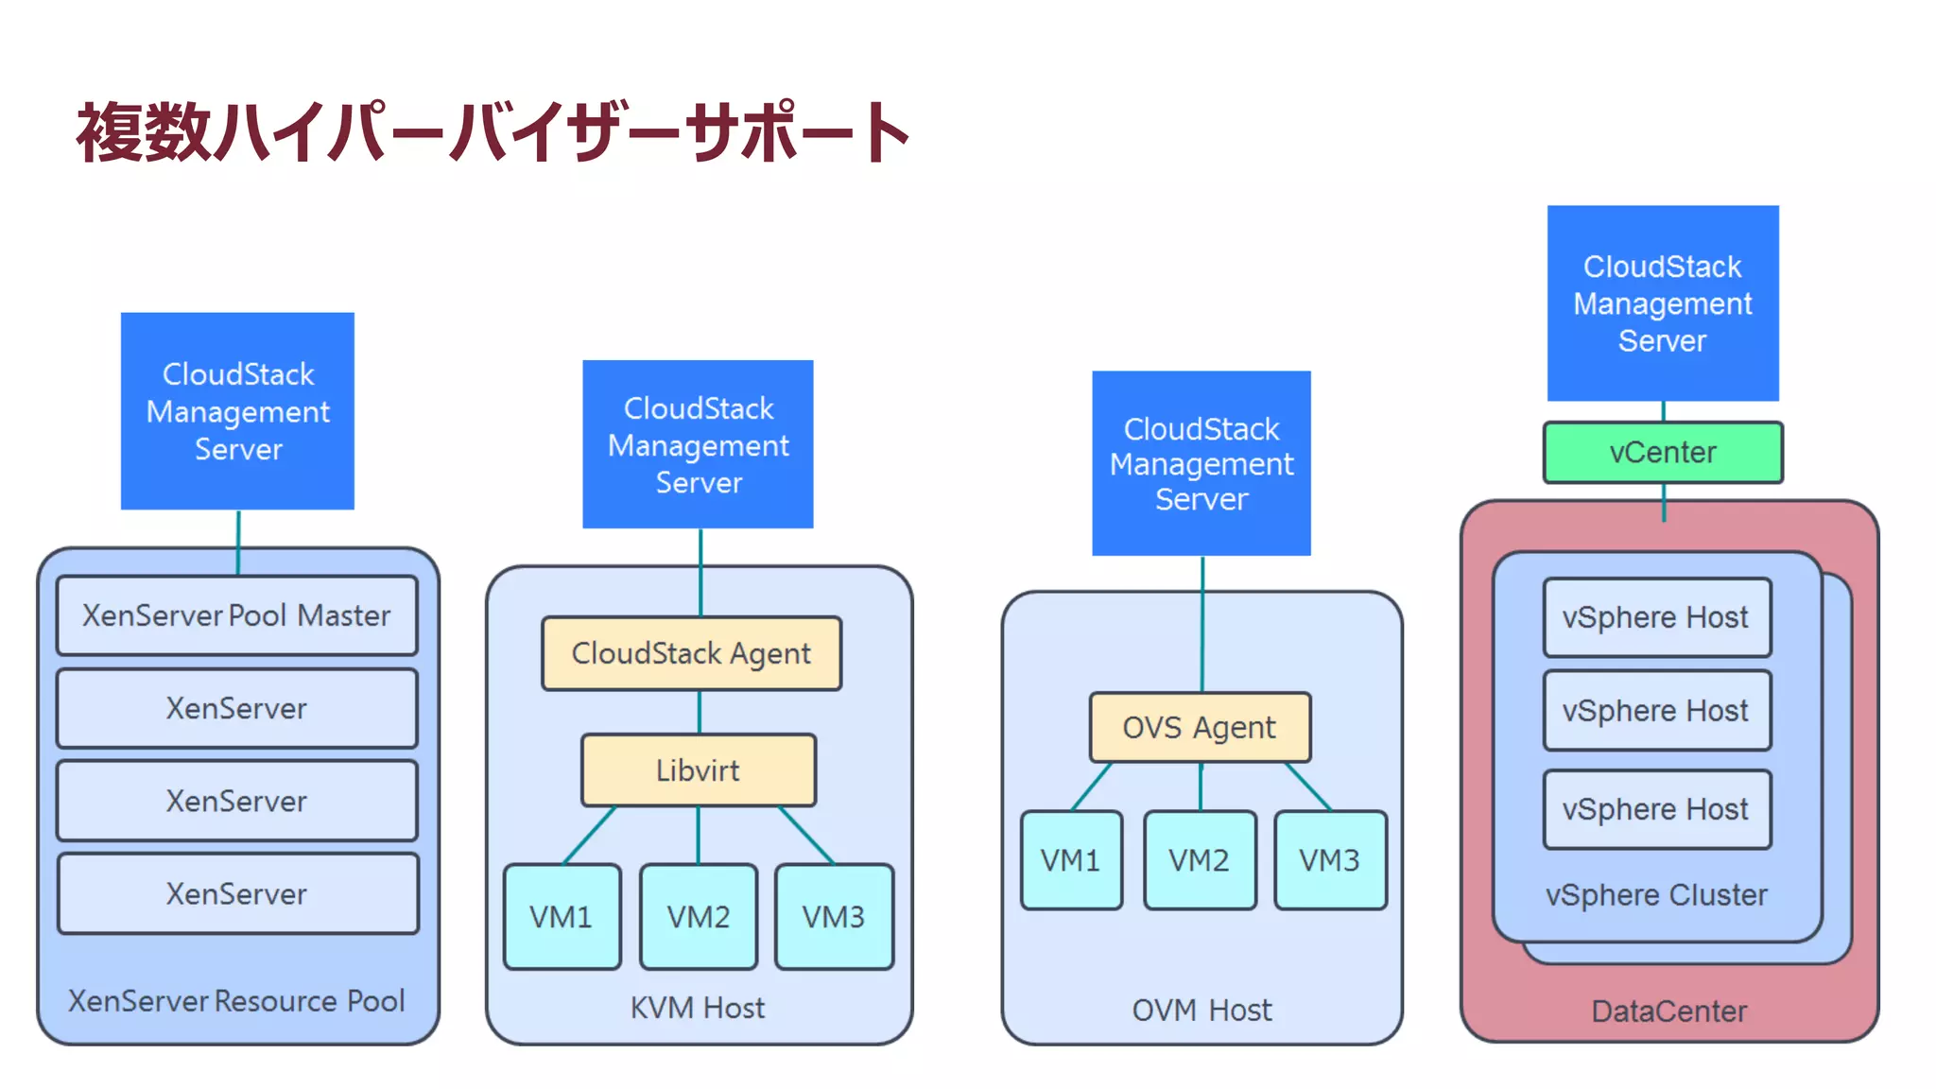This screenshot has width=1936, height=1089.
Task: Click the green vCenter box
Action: point(1663,453)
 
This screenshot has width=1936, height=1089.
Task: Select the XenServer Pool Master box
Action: point(236,615)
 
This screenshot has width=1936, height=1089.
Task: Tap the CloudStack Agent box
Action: point(691,653)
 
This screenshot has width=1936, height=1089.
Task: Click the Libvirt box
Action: point(698,770)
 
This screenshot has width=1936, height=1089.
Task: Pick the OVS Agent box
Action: point(1200,727)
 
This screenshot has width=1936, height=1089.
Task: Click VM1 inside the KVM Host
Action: point(562,916)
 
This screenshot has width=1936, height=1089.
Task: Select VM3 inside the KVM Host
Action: point(833,916)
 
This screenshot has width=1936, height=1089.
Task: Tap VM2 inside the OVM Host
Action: point(1200,860)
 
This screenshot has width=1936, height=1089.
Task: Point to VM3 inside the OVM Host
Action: point(1330,860)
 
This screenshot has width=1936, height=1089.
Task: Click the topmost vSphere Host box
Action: point(1656,617)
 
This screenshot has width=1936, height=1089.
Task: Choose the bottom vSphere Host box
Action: point(1656,809)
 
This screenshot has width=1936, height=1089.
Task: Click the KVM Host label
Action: point(698,1008)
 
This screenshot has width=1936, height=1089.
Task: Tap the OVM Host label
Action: point(1201,1010)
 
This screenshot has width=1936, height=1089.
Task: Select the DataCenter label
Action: point(1669,1011)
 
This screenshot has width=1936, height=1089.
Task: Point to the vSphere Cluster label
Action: point(1656,894)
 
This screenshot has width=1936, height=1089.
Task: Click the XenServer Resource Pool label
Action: point(236,1000)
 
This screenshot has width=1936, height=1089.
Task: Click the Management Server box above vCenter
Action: point(1663,303)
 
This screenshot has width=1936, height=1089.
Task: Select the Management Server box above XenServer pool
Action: point(237,411)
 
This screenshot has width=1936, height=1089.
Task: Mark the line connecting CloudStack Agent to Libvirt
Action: point(700,712)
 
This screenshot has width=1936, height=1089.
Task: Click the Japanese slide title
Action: point(492,132)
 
